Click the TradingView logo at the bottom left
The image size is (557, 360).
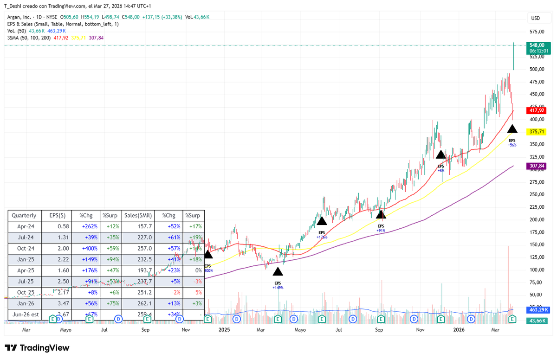[37, 348]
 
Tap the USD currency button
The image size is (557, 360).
[535, 19]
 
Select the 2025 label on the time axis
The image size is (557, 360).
[225, 330]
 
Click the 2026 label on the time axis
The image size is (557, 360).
[459, 330]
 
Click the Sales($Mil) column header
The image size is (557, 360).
[138, 216]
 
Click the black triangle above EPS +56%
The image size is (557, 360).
[512, 129]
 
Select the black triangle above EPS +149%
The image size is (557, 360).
[278, 271]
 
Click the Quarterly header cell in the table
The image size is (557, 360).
[24, 216]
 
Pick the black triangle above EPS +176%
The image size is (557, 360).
[322, 221]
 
